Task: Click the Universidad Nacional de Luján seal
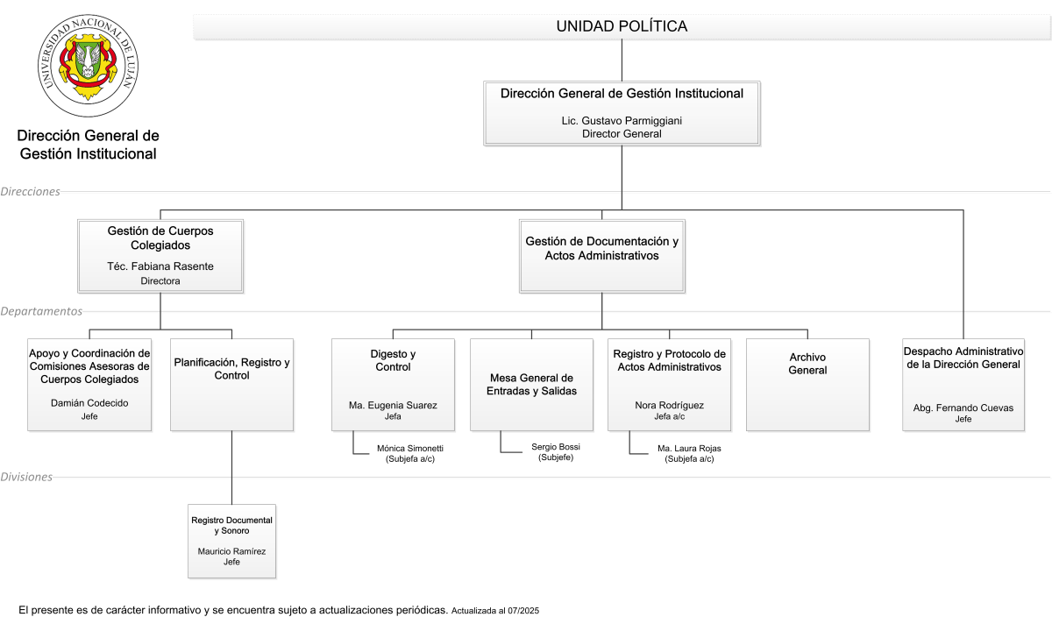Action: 88,65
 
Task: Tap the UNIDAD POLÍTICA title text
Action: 622,26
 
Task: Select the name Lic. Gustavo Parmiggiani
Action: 622,121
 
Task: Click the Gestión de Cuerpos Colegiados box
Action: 160,256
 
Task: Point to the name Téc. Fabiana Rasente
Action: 160,266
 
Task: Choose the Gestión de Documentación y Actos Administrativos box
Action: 601,256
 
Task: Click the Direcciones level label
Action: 30,192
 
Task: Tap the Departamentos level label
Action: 41,311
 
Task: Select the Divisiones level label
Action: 26,477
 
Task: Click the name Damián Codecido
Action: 89,403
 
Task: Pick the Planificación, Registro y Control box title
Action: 231,369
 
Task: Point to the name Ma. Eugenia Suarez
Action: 393,405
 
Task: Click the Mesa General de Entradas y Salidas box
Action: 531,385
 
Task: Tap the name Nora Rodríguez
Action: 669,405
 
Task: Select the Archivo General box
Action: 807,385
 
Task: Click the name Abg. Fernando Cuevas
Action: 963,408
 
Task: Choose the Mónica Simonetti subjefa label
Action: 410,454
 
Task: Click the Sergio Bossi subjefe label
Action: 556,452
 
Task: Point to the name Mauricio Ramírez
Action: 231,551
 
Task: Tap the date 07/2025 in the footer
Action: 523,611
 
